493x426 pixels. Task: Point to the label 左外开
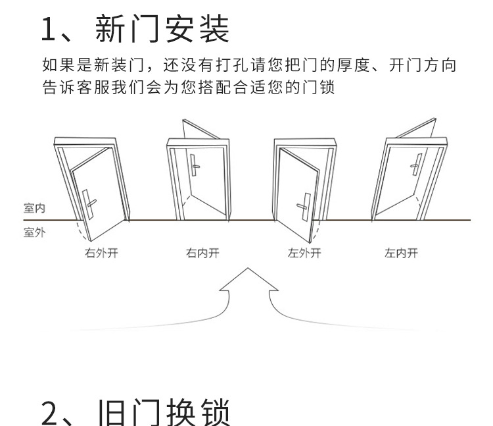point(304,254)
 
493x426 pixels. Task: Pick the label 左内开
point(401,254)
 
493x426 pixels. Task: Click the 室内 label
point(34,209)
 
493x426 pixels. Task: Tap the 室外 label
point(34,232)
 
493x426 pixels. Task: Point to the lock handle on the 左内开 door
point(416,165)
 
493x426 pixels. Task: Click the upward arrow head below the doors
point(248,280)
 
